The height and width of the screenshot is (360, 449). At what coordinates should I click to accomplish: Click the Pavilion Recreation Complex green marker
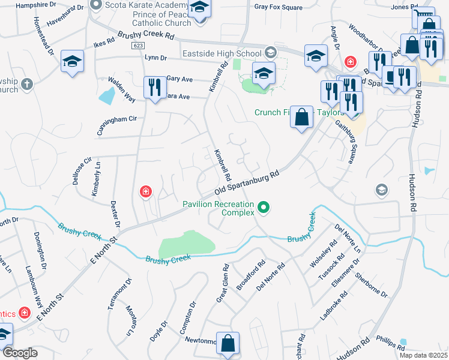pyautogui.click(x=263, y=209)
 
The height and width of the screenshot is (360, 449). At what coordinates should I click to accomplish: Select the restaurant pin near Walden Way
pyautogui.click(x=155, y=88)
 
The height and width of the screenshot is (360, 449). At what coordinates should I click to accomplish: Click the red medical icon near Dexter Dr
pyautogui.click(x=145, y=192)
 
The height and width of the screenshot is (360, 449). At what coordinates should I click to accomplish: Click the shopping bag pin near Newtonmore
pyautogui.click(x=228, y=344)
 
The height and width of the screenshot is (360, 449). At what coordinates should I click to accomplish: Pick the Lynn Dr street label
pyautogui.click(x=155, y=58)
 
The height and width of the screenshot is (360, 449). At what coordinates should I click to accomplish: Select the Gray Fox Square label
pyautogui.click(x=278, y=8)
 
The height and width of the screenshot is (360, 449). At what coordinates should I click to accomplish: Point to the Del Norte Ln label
pyautogui.click(x=348, y=238)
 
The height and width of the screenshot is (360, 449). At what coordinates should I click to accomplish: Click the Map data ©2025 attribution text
pyautogui.click(x=423, y=355)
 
